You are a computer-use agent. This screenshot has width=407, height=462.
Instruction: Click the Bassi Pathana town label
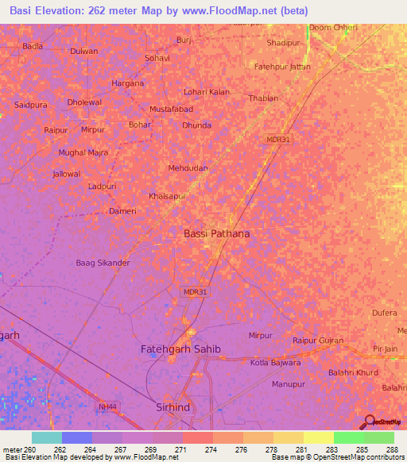216,233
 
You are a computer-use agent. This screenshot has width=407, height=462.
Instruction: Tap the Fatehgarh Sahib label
180,349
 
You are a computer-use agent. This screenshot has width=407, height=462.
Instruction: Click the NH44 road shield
109,406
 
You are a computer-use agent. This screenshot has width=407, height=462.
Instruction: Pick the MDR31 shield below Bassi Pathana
195,292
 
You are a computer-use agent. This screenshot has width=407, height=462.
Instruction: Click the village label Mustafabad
172,109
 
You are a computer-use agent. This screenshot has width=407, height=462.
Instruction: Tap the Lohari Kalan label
207,92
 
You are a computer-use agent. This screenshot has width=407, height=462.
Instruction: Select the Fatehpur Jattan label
282,67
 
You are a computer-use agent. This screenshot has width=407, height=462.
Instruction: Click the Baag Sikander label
103,263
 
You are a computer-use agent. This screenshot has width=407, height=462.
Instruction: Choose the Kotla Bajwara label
276,363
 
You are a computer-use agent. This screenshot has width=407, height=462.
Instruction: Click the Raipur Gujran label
318,341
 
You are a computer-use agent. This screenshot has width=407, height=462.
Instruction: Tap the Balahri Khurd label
355,372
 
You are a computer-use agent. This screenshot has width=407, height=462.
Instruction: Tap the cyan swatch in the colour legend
47,437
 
